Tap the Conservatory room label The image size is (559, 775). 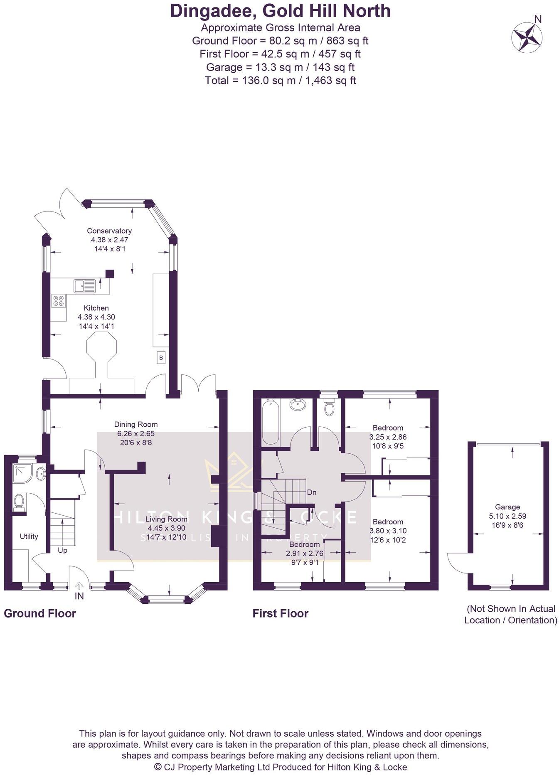[x=109, y=231]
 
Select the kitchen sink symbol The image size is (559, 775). [x=85, y=286]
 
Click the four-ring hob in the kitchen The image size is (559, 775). [x=59, y=300]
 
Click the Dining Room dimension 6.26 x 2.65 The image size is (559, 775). [x=135, y=433]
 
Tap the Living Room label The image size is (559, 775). [x=166, y=519]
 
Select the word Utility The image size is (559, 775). [x=29, y=536]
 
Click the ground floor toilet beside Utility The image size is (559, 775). [x=18, y=502]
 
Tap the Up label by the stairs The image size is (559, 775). [x=62, y=550]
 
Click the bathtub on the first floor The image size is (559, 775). [x=271, y=422]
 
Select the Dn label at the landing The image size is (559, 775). [x=311, y=492]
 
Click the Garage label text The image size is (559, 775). [x=507, y=507]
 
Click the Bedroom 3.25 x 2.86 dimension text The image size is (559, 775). [x=388, y=437]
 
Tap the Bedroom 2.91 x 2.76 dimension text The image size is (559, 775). [x=304, y=554]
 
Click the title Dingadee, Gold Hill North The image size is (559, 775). [x=280, y=11]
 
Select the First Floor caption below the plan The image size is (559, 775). [x=280, y=613]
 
